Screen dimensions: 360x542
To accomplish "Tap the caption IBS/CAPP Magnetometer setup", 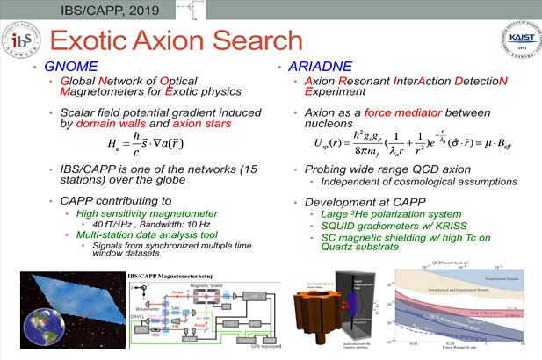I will pos(155,277).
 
